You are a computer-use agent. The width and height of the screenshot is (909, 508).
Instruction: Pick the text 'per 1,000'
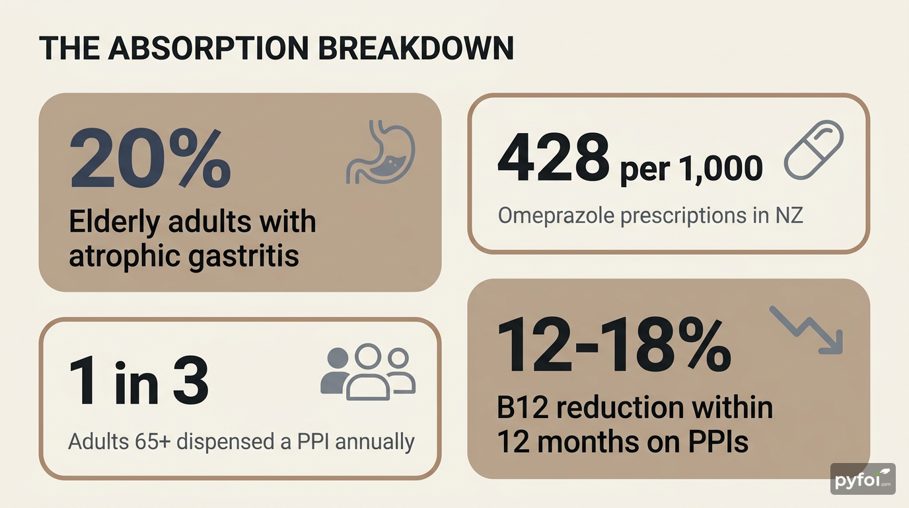pyautogui.click(x=691, y=169)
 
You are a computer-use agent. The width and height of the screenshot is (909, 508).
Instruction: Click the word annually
pyautogui.click(x=375, y=441)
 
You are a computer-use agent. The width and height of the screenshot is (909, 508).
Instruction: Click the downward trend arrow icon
pyautogui.click(x=807, y=329)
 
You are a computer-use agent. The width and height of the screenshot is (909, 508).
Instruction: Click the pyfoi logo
pyautogui.click(x=863, y=480)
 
